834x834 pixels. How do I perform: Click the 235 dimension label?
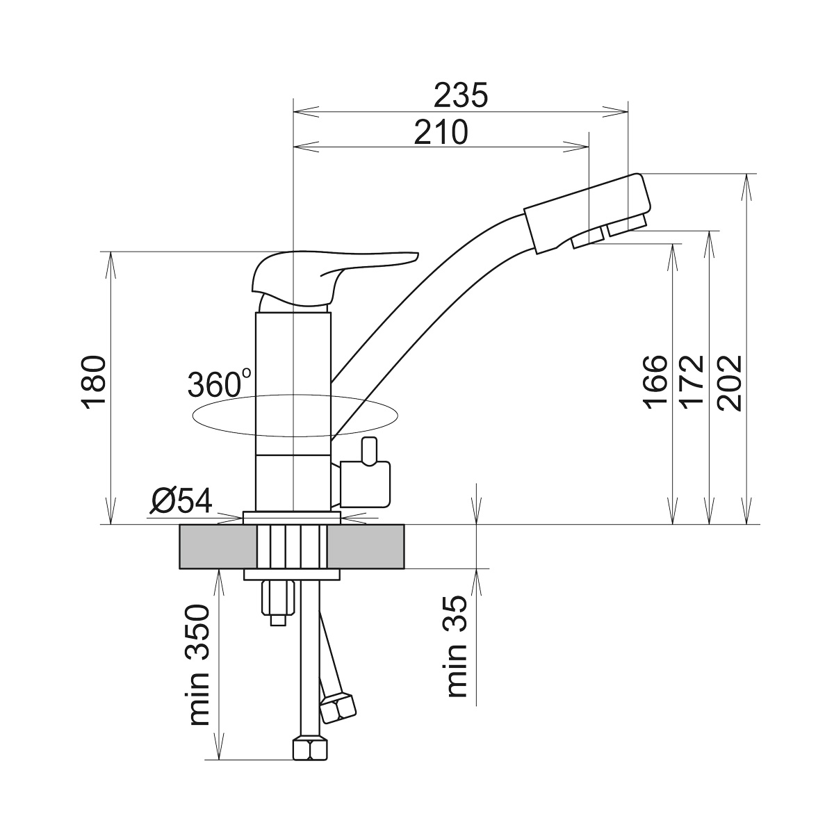[x=461, y=95]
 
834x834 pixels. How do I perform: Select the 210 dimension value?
[x=441, y=133]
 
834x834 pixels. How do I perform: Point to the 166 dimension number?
[x=655, y=382]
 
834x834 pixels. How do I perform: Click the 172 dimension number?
[x=692, y=382]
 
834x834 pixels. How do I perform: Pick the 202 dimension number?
[x=730, y=382]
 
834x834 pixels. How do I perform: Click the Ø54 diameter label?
[x=181, y=501]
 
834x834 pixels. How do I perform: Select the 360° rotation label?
[x=220, y=384]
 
